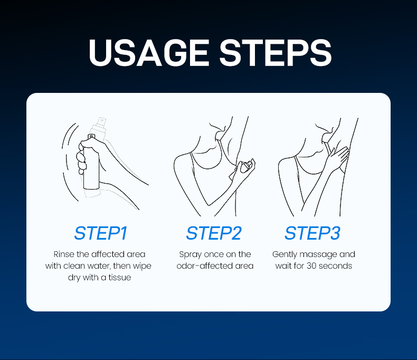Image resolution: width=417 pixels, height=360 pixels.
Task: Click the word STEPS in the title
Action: click(x=276, y=53)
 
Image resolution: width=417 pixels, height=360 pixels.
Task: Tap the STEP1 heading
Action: click(x=101, y=233)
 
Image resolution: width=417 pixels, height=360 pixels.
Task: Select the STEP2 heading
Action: click(x=214, y=233)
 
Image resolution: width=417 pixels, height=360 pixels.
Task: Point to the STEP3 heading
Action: click(x=312, y=233)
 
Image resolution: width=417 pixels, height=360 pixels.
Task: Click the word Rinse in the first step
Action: click(x=64, y=254)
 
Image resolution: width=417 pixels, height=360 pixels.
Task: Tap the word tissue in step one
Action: click(x=119, y=277)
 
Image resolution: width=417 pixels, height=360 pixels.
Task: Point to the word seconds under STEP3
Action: click(x=335, y=266)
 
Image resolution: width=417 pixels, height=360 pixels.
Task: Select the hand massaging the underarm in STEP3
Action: click(x=337, y=158)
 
